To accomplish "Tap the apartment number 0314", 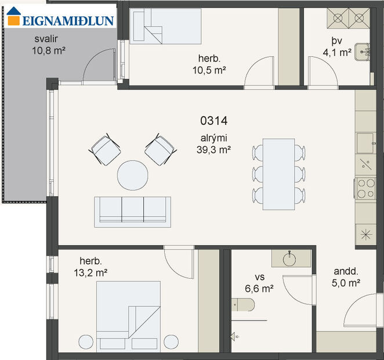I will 213,121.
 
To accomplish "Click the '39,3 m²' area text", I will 214,149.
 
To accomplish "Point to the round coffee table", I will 133,176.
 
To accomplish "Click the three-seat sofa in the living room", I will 133,210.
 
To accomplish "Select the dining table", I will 278,174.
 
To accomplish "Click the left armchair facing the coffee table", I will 104,149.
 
